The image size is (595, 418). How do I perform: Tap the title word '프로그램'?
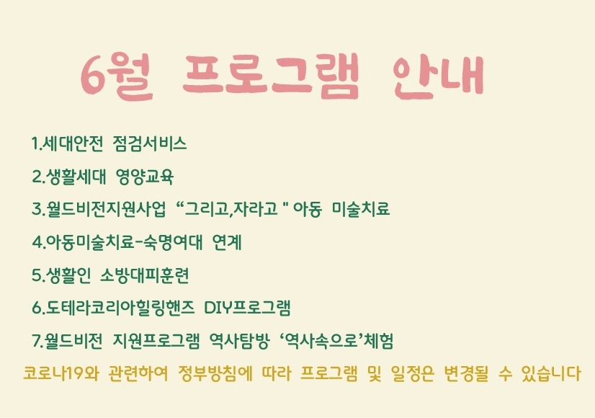pyautogui.click(x=270, y=75)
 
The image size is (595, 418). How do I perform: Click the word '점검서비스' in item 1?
pyautogui.click(x=150, y=144)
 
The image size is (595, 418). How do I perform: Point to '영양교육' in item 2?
pyautogui.click(x=145, y=177)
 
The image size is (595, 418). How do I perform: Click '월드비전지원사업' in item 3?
pyautogui.click(x=106, y=209)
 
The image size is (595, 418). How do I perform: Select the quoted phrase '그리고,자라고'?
pyautogui.click(x=231, y=209)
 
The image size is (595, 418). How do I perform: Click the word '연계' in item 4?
pyautogui.click(x=227, y=242)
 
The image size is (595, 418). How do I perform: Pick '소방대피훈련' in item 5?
pyautogui.click(x=145, y=275)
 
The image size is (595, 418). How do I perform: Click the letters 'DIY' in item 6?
pyautogui.click(x=218, y=308)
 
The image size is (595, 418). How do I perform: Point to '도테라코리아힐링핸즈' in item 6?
pyautogui.click(x=120, y=308)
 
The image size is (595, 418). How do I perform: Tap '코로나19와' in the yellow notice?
pyautogui.click(x=61, y=373)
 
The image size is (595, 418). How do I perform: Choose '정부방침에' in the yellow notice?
pyautogui.click(x=215, y=373)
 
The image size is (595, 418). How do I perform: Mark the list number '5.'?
pyautogui.click(x=38, y=275)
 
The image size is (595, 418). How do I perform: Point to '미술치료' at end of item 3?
pyautogui.click(x=361, y=209)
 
